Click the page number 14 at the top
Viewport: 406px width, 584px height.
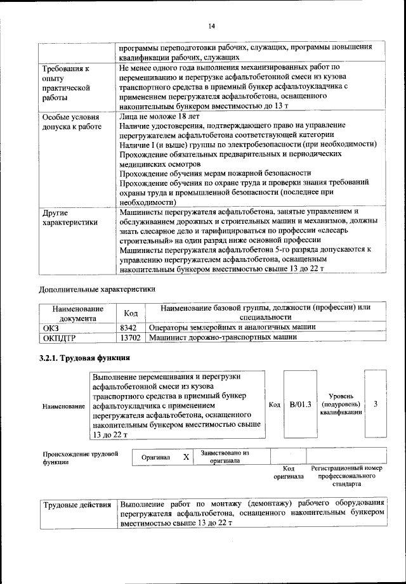pyautogui.click(x=213, y=26)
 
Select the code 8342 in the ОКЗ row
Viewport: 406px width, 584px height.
pyautogui.click(x=128, y=327)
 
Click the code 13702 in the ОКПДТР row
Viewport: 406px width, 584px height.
pyautogui.click(x=129, y=338)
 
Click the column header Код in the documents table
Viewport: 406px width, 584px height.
pyautogui.click(x=131, y=313)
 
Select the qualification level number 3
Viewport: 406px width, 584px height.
pyautogui.click(x=376, y=404)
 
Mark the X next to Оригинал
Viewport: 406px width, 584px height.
pyautogui.click(x=185, y=457)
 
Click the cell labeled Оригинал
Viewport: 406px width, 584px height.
pyautogui.click(x=155, y=457)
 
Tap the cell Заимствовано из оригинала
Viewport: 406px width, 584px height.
pyautogui.click(x=225, y=457)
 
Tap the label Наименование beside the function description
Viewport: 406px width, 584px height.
pyautogui.click(x=63, y=405)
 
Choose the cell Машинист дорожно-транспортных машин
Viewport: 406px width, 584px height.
pyautogui.click(x=223, y=338)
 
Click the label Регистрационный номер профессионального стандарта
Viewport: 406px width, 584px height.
pyautogui.click(x=346, y=475)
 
